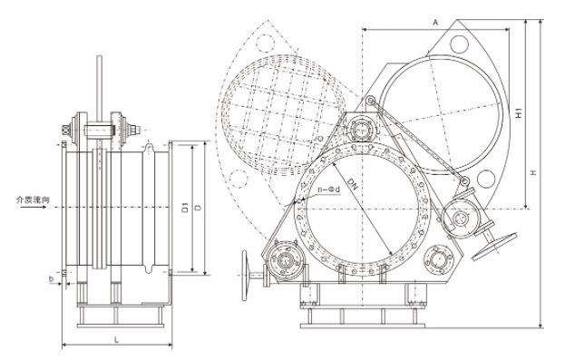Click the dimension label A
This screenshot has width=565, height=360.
tap(435, 23)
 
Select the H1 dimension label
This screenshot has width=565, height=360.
tap(519, 113)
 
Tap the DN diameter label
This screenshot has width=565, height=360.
tap(353, 184)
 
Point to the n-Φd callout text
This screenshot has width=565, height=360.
tap(328, 190)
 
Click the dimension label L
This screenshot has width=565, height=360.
tap(116, 339)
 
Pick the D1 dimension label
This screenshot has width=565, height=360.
tap(186, 207)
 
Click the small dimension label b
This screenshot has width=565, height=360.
tap(51, 278)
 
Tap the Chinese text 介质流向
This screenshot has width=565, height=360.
tap(33, 199)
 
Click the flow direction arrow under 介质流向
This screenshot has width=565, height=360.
tap(33, 208)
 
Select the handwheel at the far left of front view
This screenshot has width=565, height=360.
tap(246, 276)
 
